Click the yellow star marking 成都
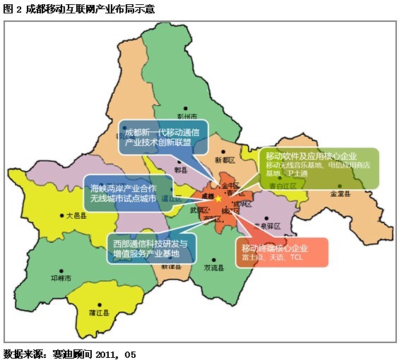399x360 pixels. pyautogui.click(x=218, y=200)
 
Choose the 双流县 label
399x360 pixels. pyautogui.click(x=214, y=269)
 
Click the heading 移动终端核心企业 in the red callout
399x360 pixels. pyautogui.click(x=275, y=248)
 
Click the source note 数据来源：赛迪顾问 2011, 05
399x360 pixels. pyautogui.click(x=69, y=352)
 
